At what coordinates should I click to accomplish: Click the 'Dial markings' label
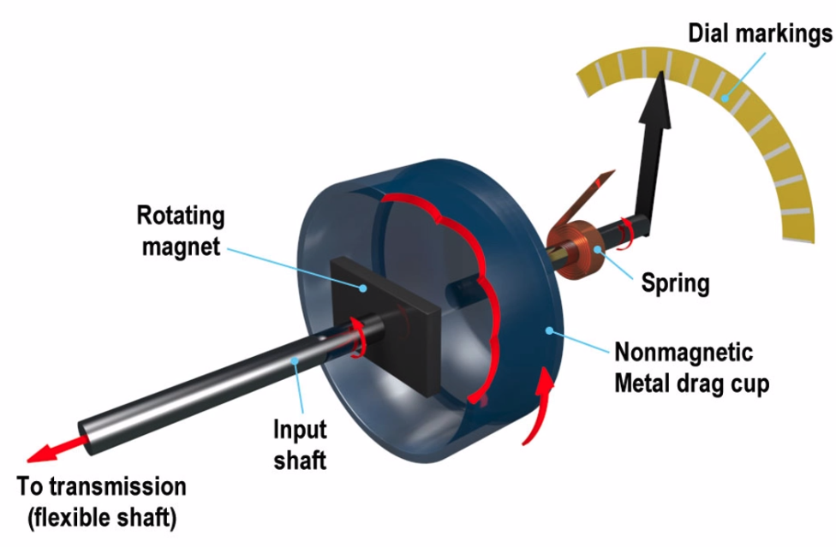(x=760, y=34)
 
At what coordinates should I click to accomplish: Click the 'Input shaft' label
(x=300, y=443)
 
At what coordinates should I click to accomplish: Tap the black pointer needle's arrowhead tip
(x=662, y=79)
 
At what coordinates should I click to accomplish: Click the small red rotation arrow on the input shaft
(x=359, y=335)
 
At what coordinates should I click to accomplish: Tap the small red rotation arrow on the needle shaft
(x=627, y=228)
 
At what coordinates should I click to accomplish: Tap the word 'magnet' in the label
(x=181, y=247)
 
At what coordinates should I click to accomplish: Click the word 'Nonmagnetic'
(x=684, y=352)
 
